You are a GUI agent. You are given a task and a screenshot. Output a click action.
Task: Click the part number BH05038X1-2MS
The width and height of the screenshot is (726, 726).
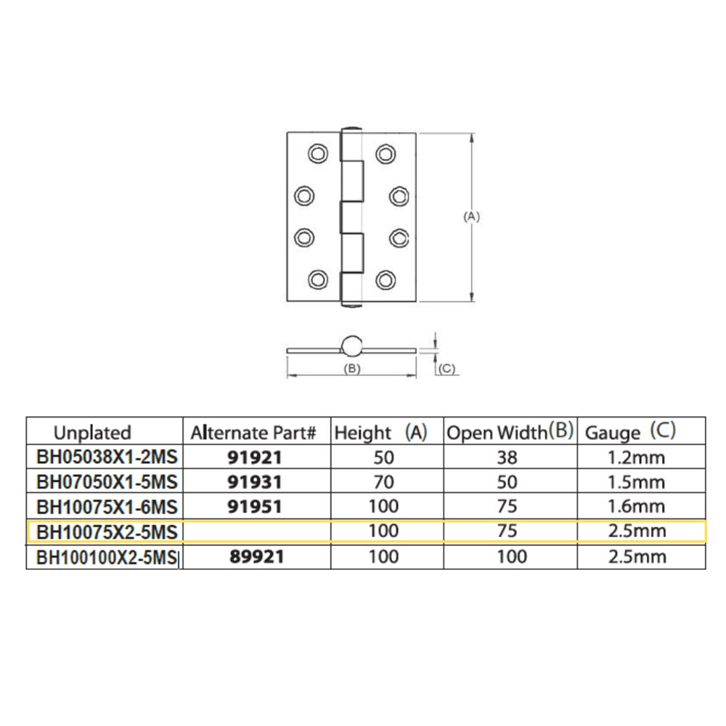pyautogui.click(x=107, y=457)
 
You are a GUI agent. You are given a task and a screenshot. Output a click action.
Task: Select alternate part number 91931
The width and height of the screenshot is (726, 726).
pyautogui.click(x=255, y=482)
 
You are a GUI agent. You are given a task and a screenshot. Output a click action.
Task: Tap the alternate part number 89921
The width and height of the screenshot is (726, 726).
pyautogui.click(x=256, y=557)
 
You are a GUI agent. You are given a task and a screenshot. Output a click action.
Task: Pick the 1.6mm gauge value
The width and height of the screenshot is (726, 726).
pyautogui.click(x=637, y=507)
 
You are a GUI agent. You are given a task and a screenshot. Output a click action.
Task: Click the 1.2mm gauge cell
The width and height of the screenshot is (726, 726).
pyautogui.click(x=637, y=457)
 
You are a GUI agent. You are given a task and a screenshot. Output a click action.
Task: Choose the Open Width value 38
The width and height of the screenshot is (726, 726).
pyautogui.click(x=507, y=457)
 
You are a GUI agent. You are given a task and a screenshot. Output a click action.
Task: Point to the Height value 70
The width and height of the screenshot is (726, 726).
pyautogui.click(x=384, y=482)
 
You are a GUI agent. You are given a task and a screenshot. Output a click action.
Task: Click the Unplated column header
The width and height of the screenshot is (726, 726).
pyautogui.click(x=93, y=433)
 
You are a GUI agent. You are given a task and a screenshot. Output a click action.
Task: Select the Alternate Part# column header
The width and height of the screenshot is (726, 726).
pyautogui.click(x=253, y=433)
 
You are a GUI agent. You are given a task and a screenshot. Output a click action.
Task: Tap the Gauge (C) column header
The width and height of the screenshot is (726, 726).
pyautogui.click(x=631, y=431)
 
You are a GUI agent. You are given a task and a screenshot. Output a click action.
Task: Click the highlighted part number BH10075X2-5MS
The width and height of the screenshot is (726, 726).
pyautogui.click(x=107, y=532)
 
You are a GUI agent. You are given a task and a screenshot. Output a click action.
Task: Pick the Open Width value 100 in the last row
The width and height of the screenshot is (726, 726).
pyautogui.click(x=512, y=557)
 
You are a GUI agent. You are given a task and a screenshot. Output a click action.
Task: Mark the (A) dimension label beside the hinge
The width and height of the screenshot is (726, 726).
pyautogui.click(x=471, y=216)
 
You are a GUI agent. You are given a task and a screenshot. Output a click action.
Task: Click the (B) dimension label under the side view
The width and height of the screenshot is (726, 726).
pyautogui.click(x=352, y=369)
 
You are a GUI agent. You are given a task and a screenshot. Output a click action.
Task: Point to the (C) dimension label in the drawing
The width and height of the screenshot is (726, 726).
pyautogui.click(x=446, y=369)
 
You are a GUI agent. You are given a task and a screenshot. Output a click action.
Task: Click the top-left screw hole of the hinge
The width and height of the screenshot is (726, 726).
pyautogui.click(x=318, y=154)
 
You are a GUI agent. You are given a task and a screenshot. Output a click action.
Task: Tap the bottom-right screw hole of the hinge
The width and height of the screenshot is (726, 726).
pyautogui.click(x=386, y=280)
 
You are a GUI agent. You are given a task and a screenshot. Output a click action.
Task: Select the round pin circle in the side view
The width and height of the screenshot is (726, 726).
pyautogui.click(x=352, y=346)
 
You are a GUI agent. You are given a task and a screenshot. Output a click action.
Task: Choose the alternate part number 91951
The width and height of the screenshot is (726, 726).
pyautogui.click(x=255, y=507)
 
